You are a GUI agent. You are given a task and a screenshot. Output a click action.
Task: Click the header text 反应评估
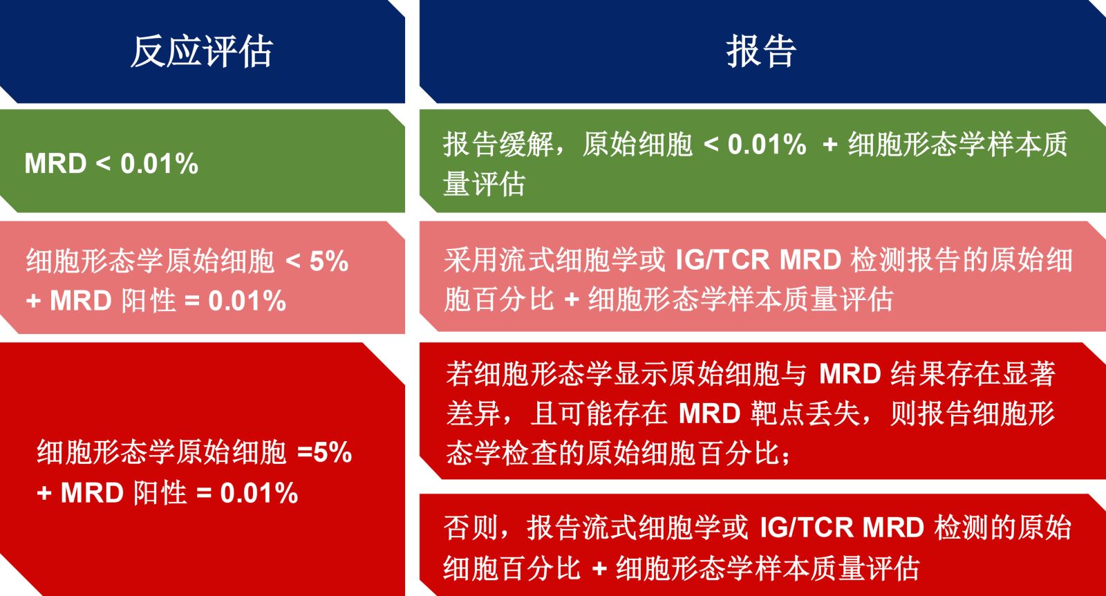[x=201, y=51]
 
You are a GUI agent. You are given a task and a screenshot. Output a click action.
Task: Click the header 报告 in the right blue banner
[x=761, y=51]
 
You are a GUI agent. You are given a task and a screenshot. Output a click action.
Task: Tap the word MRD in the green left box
[x=55, y=163]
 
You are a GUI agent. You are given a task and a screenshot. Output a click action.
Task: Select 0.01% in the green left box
[x=159, y=163]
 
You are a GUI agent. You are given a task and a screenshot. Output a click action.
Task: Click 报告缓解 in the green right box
[x=498, y=145]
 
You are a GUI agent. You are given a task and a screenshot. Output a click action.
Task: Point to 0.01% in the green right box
[x=767, y=145]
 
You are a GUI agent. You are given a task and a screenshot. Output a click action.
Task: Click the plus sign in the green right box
[x=830, y=145]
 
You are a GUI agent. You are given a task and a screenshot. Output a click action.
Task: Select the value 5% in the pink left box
[x=329, y=261]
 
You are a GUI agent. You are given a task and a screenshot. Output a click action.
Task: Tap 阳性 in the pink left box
[x=149, y=301]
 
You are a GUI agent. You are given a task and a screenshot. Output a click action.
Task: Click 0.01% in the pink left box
[x=247, y=301]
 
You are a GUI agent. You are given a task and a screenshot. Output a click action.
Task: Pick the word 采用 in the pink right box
[x=471, y=260]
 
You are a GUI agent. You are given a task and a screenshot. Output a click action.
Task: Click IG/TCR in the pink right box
[x=722, y=260]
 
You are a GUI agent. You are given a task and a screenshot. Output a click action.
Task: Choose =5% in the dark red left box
[x=324, y=451]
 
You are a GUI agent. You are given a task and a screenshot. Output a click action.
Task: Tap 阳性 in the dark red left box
[x=160, y=493]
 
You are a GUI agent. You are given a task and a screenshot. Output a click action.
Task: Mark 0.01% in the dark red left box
[x=259, y=493]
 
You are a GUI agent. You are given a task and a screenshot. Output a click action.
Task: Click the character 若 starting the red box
[x=460, y=374]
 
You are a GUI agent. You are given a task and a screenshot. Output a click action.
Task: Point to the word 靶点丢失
[x=805, y=413]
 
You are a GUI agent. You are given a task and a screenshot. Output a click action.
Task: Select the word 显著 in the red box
[x=1028, y=374]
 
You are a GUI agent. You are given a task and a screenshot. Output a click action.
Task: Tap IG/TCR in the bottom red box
[x=806, y=528]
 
